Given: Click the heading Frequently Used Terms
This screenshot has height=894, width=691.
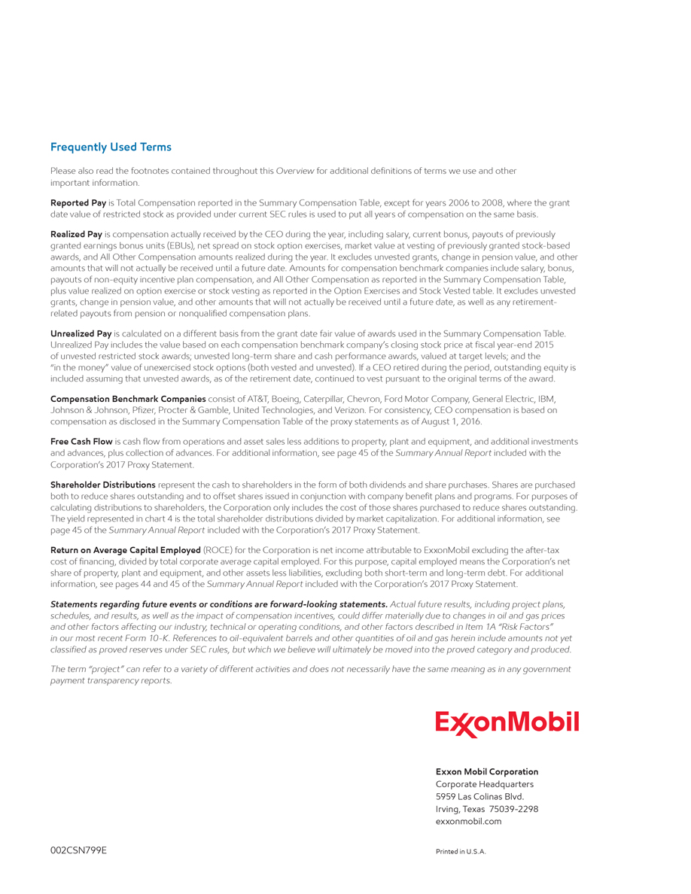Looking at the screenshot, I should pyautogui.click(x=111, y=147).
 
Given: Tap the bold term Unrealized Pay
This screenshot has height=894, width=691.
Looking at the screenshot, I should pyautogui.click(x=81, y=333).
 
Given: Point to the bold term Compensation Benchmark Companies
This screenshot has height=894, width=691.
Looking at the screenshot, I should pyautogui.click(x=128, y=399).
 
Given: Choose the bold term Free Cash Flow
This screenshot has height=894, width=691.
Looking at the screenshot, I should pyautogui.click(x=81, y=442).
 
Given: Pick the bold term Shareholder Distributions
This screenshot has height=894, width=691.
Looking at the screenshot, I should pyautogui.click(x=103, y=485).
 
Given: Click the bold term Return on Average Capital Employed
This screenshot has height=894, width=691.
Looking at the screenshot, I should pyautogui.click(x=125, y=551).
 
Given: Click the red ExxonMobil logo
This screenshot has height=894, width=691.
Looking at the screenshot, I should pyautogui.click(x=507, y=723).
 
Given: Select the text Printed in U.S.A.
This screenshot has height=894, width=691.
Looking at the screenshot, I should pyautogui.click(x=461, y=852).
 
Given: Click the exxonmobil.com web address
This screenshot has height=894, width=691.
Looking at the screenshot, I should pyautogui.click(x=468, y=822).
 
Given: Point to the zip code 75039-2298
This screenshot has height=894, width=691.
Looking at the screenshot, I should pyautogui.click(x=513, y=809).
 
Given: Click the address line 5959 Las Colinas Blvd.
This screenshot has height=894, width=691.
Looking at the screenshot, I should pyautogui.click(x=479, y=797).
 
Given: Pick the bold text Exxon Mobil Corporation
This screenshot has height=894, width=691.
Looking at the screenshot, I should pyautogui.click(x=487, y=772).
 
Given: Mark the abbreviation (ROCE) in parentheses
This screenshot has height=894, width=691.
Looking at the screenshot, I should pyautogui.click(x=218, y=551).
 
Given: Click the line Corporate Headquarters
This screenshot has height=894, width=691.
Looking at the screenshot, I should pyautogui.click(x=485, y=784).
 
